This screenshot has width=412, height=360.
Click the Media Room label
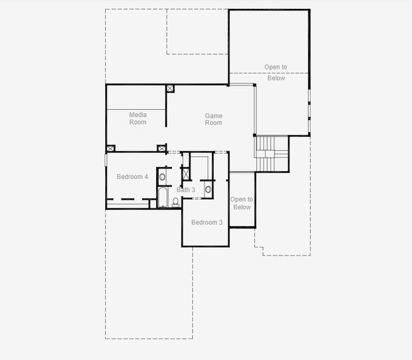pos(138,118)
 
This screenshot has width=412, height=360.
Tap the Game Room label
pos(213,119)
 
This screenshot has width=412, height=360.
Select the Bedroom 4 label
pos(132,176)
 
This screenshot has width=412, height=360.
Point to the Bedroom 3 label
pos(207,223)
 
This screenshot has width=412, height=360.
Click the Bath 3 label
pos(186,190)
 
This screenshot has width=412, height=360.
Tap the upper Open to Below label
pos(276,73)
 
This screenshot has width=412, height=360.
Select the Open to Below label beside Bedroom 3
pos(241,203)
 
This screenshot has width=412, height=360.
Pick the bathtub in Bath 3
pos(163,197)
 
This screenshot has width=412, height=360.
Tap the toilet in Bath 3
pos(175,202)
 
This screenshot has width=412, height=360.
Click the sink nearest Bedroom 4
pos(162,176)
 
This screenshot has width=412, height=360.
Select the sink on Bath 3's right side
pos(208,189)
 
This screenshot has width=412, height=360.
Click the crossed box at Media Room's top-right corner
pos(170,88)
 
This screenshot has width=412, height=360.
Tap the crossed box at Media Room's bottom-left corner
pos(111,148)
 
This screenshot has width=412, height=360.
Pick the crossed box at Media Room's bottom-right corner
pos(161,148)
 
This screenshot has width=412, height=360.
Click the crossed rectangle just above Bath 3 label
pos(186,175)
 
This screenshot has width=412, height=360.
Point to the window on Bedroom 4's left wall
pos(106,160)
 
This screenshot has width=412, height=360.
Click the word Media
pos(138,115)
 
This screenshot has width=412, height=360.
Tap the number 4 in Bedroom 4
pos(146,176)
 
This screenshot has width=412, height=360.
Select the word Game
pos(213,116)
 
